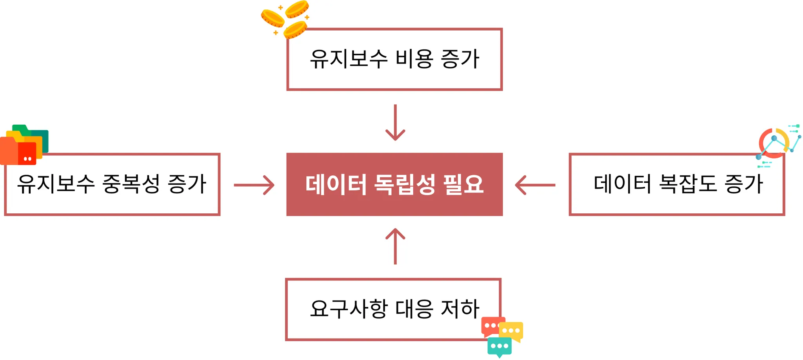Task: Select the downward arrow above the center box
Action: (395, 122)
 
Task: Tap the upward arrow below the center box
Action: (395, 246)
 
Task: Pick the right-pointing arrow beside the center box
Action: (254, 185)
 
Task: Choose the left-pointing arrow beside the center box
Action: (535, 185)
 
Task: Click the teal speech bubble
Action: (499, 346)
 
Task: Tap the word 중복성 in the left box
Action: (131, 184)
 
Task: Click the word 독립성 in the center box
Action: (405, 184)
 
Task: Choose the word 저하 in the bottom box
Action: (460, 309)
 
